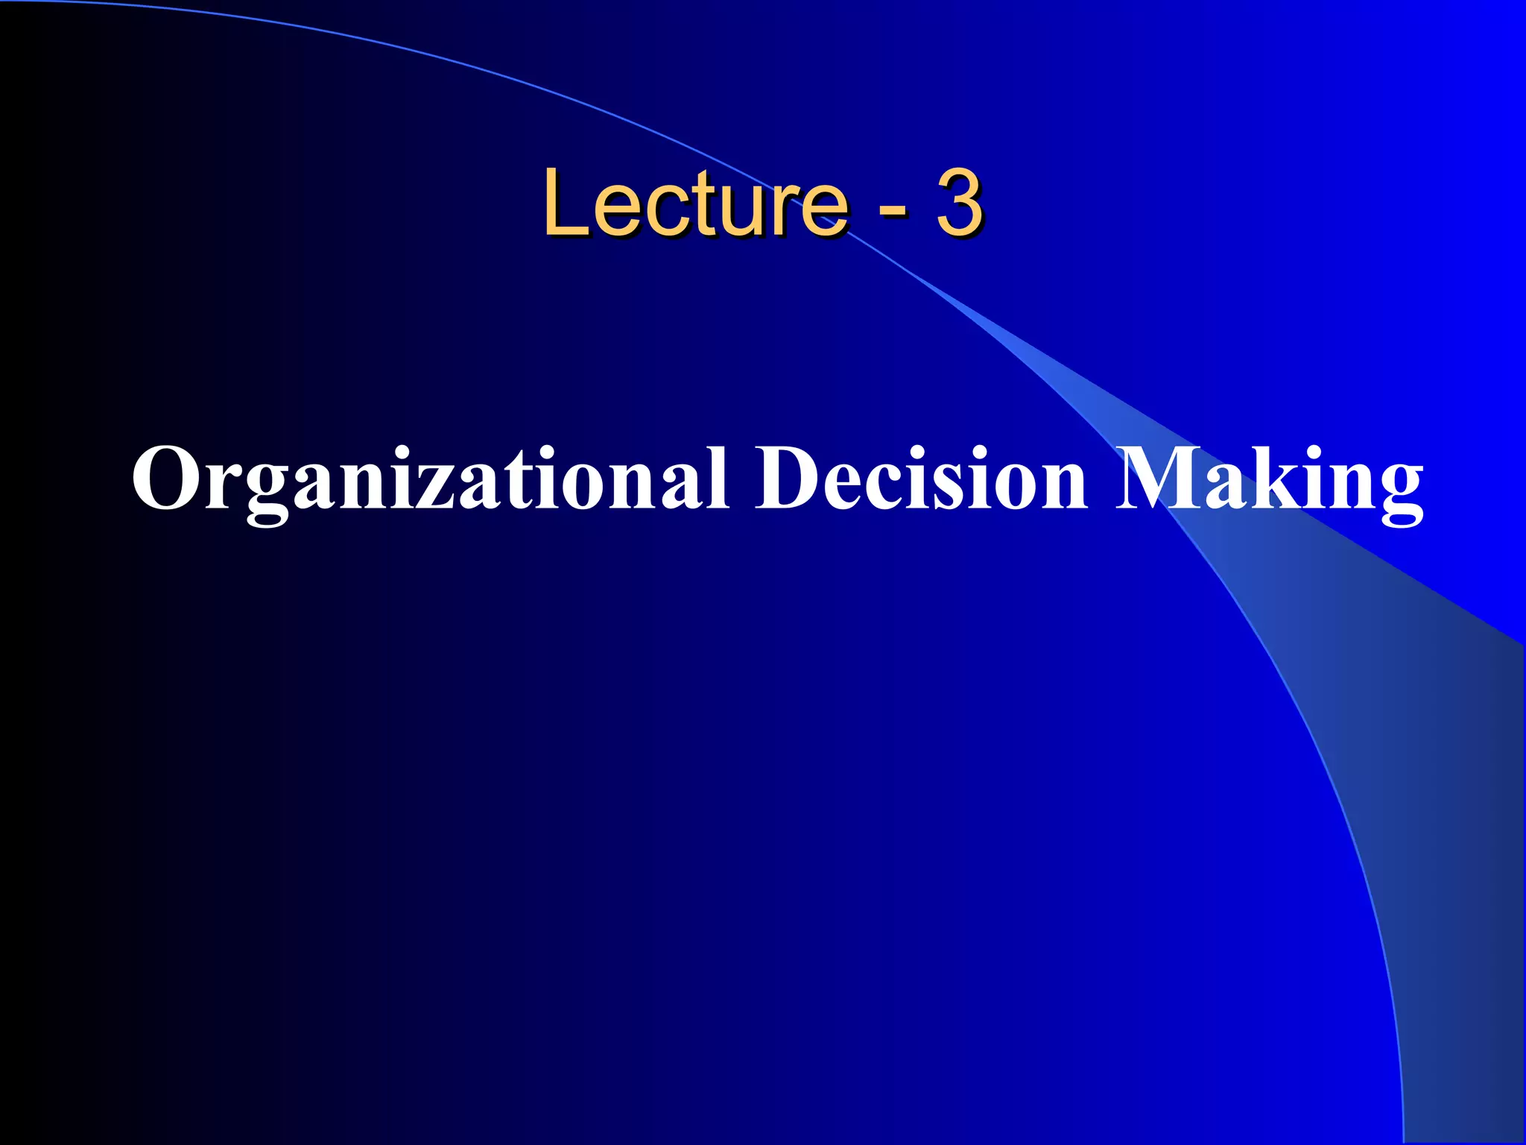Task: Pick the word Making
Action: pyautogui.click(x=1269, y=481)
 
